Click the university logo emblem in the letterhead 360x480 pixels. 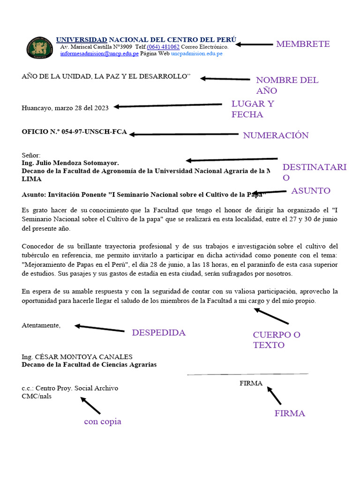[x=40, y=47]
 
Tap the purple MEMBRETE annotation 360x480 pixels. [x=303, y=44]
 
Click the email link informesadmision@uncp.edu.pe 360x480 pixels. [x=99, y=54]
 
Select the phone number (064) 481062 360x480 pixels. [x=163, y=47]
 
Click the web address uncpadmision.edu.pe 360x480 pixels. [x=196, y=54]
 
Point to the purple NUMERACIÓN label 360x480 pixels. [x=276, y=135]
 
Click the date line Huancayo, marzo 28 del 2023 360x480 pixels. [x=65, y=108]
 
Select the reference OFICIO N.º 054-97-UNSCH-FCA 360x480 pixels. [x=74, y=132]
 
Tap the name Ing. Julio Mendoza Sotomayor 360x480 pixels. [x=70, y=163]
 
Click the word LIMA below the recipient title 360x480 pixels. [x=31, y=179]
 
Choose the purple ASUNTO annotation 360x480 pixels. [x=311, y=191]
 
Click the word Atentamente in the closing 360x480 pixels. [x=41, y=325]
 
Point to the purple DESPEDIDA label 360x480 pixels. [x=158, y=333]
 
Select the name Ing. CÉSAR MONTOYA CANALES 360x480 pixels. [x=77, y=357]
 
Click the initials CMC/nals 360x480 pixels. [x=37, y=396]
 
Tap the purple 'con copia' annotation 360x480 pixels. [x=103, y=421]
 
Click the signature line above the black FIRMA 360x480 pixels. [x=247, y=374]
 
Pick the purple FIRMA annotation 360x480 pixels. [x=290, y=413]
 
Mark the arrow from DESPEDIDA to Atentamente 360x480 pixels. [x=99, y=329]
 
